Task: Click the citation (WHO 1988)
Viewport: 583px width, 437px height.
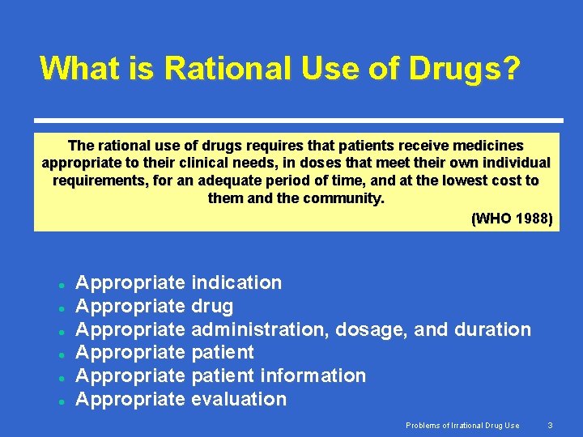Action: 511,218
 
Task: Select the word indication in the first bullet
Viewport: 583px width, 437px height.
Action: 236,282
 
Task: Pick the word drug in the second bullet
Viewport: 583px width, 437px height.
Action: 212,306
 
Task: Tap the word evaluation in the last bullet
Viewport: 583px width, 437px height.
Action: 239,399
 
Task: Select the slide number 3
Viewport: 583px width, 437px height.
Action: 550,425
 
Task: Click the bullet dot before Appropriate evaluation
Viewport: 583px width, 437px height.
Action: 61,401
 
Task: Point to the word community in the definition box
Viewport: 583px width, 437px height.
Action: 346,197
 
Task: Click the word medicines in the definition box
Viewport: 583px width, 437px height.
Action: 484,146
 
